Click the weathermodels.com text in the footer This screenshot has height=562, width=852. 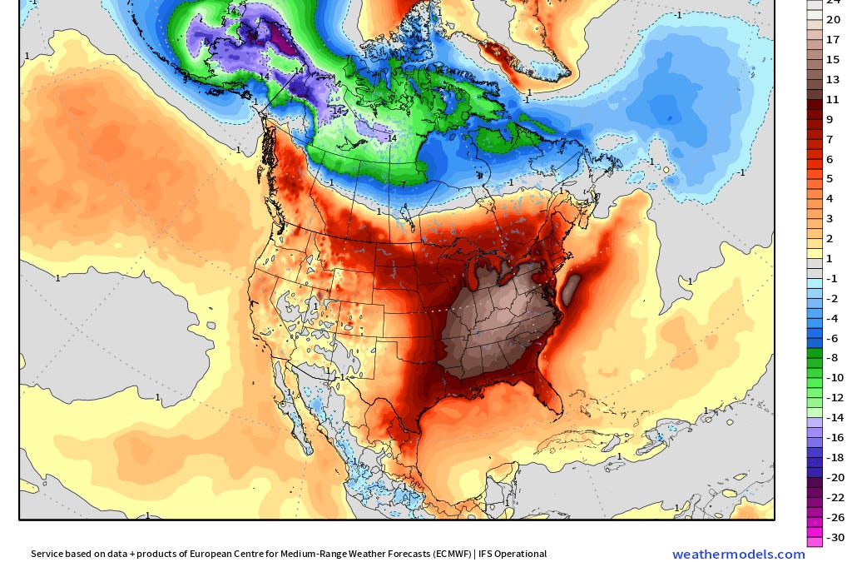pyautogui.click(x=738, y=555)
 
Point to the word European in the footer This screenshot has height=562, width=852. pyautogui.click(x=215, y=554)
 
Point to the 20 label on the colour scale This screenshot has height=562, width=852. pyautogui.click(x=833, y=19)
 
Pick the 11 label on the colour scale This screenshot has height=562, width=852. pyautogui.click(x=833, y=99)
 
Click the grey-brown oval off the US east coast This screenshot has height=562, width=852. pyautogui.click(x=571, y=291)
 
